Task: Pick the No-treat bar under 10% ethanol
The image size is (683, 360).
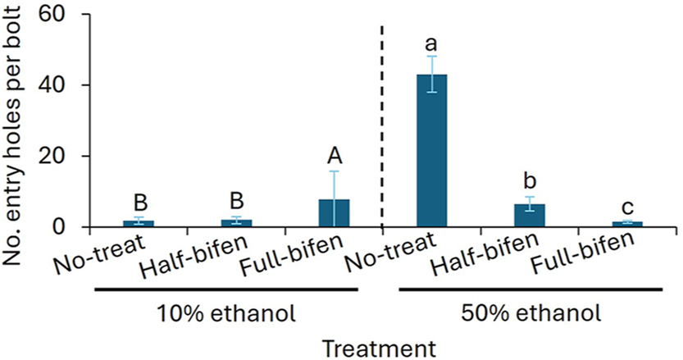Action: coord(139,223)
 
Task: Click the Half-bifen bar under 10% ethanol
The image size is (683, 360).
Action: coord(236,223)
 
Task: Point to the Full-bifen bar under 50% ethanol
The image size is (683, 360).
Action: coord(626,224)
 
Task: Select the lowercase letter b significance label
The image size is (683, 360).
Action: coord(529,180)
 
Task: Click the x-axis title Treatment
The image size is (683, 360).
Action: coord(377,348)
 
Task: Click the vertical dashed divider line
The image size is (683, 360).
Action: coord(383,123)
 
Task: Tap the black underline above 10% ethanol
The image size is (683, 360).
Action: coord(225,289)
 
